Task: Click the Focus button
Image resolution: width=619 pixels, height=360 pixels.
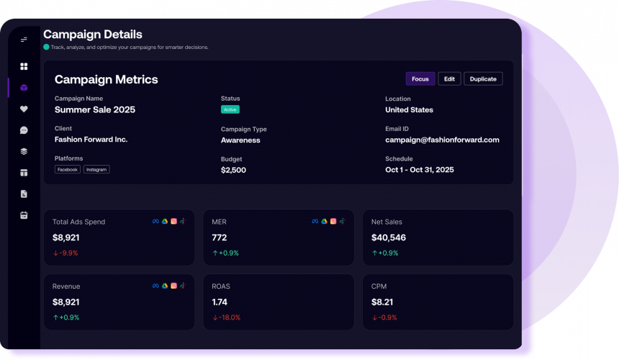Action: [420, 79]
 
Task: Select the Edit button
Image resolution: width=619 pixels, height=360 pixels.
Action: [449, 79]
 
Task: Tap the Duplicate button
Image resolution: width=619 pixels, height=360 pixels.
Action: [483, 79]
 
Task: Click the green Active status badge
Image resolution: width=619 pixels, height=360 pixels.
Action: [230, 109]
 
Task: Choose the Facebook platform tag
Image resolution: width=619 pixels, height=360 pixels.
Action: [68, 169]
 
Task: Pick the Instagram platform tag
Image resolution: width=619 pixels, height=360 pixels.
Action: [96, 169]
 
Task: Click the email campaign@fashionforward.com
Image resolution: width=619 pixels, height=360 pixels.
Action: [442, 140]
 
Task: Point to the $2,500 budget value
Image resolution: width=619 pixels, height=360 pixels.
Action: [233, 170]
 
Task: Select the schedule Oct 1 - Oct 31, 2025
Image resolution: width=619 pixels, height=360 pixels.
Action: [420, 170]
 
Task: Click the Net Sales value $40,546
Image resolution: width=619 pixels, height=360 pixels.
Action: [389, 237]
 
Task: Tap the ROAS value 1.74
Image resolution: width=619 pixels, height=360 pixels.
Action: [220, 302]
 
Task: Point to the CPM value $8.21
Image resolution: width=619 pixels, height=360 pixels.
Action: [381, 302]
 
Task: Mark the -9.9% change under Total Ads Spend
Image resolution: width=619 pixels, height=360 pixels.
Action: [65, 253]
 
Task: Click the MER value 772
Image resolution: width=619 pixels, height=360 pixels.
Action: [219, 237]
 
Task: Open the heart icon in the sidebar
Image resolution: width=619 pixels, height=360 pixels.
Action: [24, 109]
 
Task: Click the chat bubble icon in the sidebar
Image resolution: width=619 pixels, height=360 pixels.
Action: [24, 130]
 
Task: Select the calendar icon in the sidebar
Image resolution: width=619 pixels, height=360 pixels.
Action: [24, 215]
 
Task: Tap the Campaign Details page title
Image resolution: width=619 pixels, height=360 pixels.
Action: [93, 34]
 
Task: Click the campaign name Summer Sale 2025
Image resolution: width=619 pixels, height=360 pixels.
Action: [95, 109]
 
